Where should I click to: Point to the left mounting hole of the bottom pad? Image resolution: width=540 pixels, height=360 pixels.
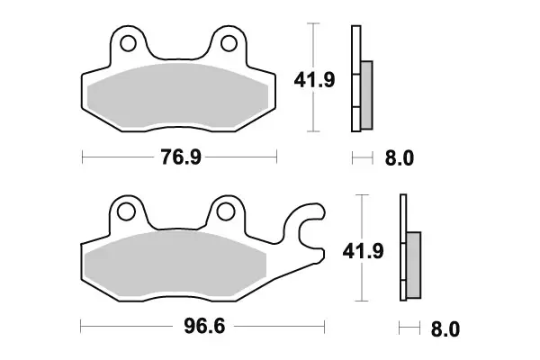[127, 212]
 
